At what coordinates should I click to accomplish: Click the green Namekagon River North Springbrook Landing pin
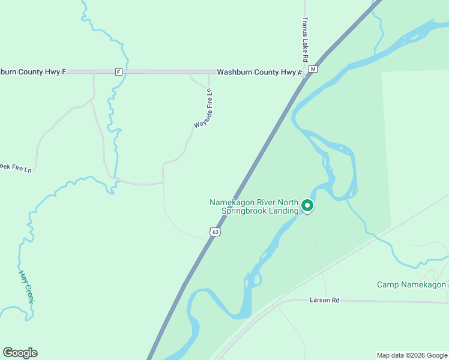click(x=307, y=206)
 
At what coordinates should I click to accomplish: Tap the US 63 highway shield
click(x=215, y=232)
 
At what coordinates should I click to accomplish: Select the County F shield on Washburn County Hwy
click(x=118, y=72)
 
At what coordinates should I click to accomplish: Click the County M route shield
click(x=313, y=70)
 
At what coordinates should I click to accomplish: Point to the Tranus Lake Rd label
click(x=305, y=40)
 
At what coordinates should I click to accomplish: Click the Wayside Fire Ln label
click(x=205, y=108)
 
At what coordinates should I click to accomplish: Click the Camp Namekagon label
click(x=411, y=284)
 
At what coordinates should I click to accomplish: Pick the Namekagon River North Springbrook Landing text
click(x=254, y=206)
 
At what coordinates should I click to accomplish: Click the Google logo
click(x=20, y=353)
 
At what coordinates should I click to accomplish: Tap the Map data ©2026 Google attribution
click(x=412, y=355)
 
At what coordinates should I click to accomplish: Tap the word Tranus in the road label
click(x=305, y=25)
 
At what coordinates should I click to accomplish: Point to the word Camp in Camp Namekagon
click(x=387, y=284)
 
